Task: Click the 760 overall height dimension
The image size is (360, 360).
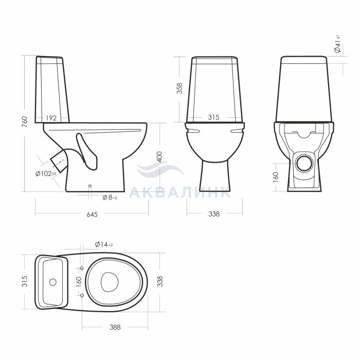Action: click(25, 122)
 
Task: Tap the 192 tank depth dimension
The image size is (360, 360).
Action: click(51, 118)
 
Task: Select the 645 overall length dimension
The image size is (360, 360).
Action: click(92, 214)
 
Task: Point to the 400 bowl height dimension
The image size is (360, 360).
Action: click(159, 156)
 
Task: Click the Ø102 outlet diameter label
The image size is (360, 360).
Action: click(46, 174)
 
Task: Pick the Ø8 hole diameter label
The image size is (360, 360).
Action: click(110, 197)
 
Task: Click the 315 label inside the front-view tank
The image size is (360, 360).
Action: click(213, 117)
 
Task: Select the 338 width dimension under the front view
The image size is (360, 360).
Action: click(214, 214)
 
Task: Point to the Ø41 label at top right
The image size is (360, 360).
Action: click(338, 44)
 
